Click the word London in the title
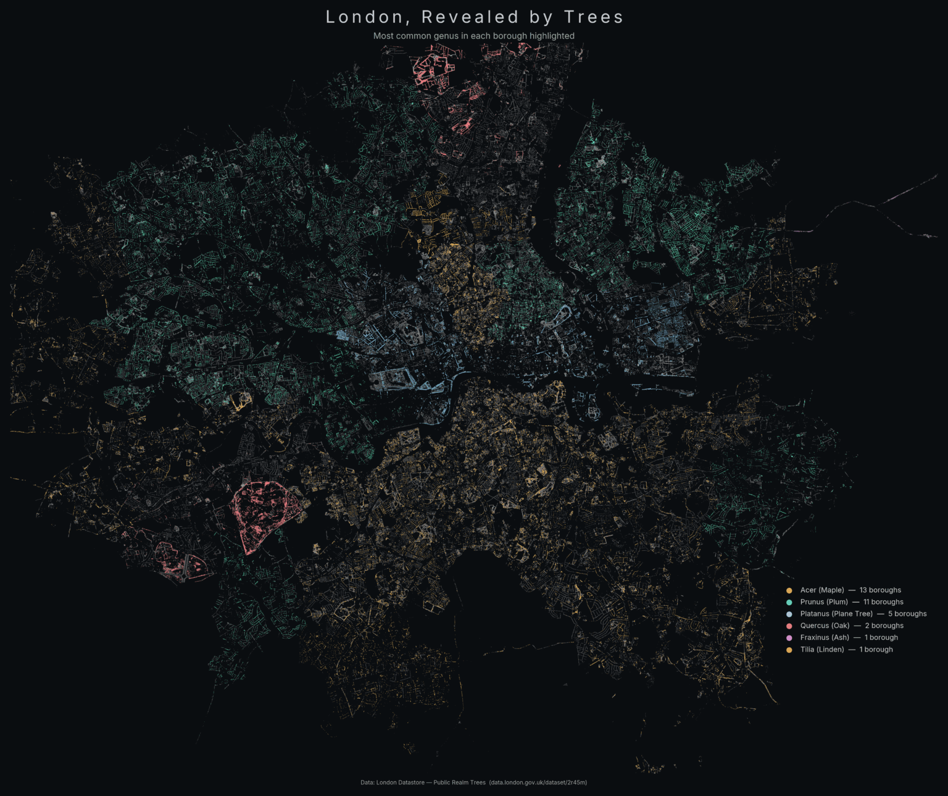tap(363, 17)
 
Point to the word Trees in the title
tap(593, 17)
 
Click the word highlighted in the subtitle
tap(552, 36)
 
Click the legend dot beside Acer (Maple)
tap(789, 590)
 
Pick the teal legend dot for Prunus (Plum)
tap(789, 602)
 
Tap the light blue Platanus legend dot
tap(789, 614)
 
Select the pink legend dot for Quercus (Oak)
tap(789, 626)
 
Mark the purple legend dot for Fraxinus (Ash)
tap(789, 638)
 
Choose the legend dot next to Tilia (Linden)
tap(789, 650)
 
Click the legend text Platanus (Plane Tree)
tap(836, 614)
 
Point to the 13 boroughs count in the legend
tap(880, 590)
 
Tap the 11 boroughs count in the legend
tap(883, 602)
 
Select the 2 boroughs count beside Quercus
tap(884, 626)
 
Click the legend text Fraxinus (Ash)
tap(825, 638)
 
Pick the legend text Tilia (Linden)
tap(822, 650)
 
